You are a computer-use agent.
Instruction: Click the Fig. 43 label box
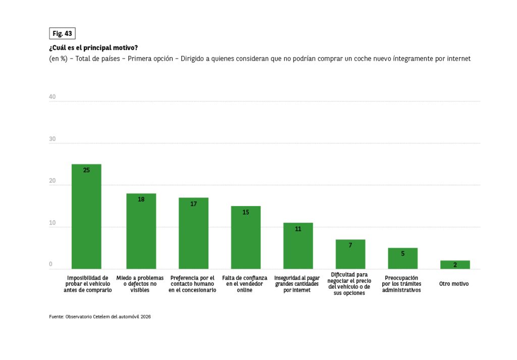[x=62, y=33]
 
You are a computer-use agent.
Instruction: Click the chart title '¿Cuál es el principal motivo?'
[x=93, y=48]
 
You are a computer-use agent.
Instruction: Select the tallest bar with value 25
[x=86, y=217]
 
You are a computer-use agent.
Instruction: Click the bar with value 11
[x=298, y=246]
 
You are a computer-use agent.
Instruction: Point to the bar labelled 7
[x=350, y=254]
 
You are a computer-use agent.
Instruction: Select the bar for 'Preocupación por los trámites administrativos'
[x=403, y=259]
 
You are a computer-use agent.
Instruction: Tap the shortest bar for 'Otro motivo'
[x=455, y=265]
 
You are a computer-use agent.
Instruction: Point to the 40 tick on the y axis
[x=52, y=97]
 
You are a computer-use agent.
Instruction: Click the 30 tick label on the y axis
[x=52, y=139]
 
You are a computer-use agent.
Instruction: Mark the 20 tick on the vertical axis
[x=52, y=181]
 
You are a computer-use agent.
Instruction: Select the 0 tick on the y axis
[x=50, y=264]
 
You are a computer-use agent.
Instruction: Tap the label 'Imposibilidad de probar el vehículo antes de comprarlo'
[x=87, y=284]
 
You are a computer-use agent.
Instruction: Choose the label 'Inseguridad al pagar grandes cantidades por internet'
[x=297, y=284]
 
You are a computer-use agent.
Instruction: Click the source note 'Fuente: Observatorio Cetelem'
[x=100, y=317]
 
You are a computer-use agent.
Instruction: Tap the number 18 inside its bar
[x=141, y=199]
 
